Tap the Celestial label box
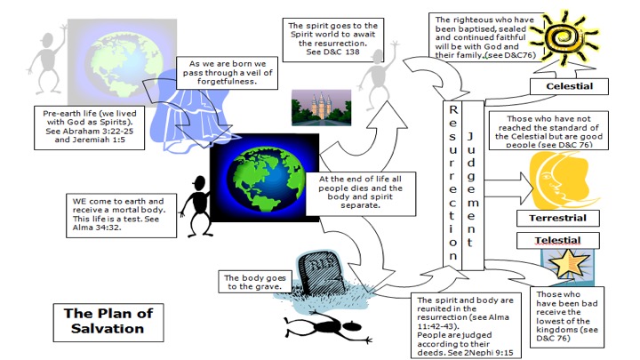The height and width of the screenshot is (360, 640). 569,86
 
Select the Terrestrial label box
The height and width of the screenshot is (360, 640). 557,218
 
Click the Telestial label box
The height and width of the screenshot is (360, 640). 551,241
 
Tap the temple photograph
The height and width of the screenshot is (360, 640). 321,108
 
